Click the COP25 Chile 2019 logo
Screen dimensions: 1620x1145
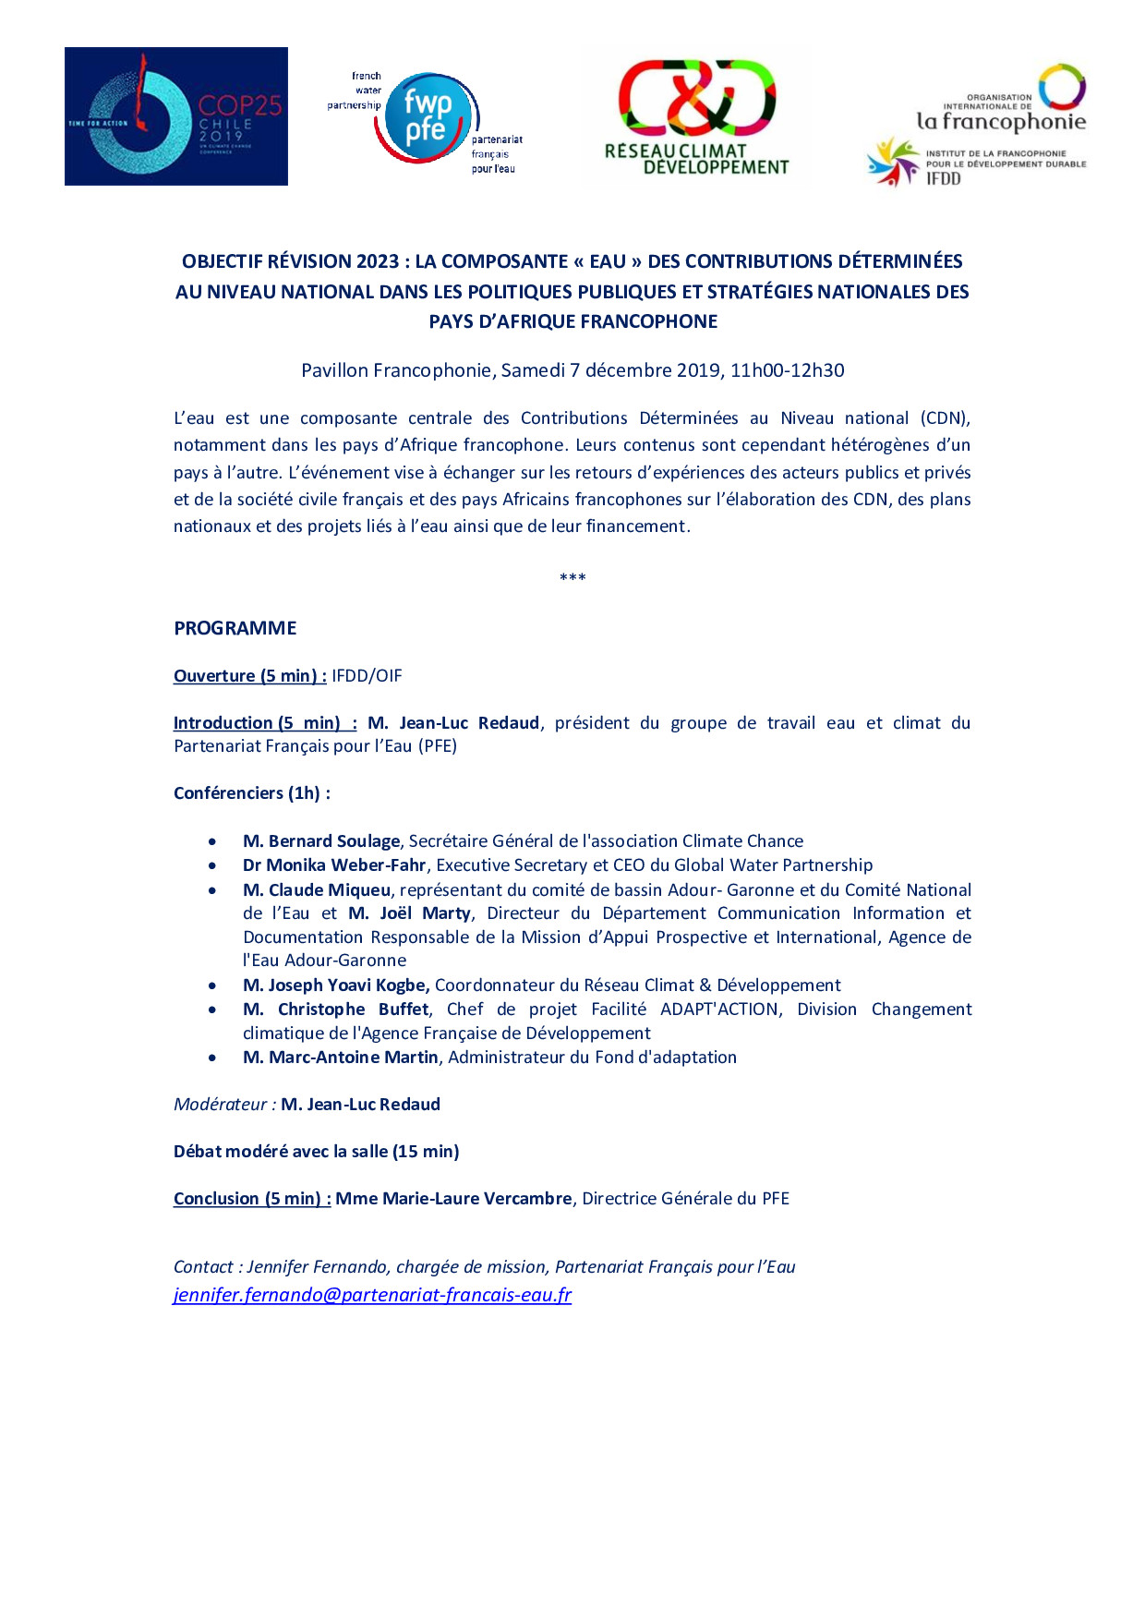click(175, 116)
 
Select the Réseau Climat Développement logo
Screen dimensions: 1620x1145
click(697, 118)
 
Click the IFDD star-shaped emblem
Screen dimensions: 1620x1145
click(892, 163)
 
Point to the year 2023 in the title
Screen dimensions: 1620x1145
click(378, 261)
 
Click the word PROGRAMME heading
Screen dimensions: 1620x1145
click(235, 628)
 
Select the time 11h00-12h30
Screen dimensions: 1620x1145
click(787, 370)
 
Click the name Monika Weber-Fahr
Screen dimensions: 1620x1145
click(346, 865)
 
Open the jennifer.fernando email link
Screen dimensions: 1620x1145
click(372, 1295)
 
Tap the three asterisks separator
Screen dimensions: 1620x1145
click(572, 578)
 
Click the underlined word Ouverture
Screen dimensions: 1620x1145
click(214, 676)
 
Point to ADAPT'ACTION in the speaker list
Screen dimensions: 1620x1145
click(719, 1009)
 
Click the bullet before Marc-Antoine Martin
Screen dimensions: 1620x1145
click(213, 1058)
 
